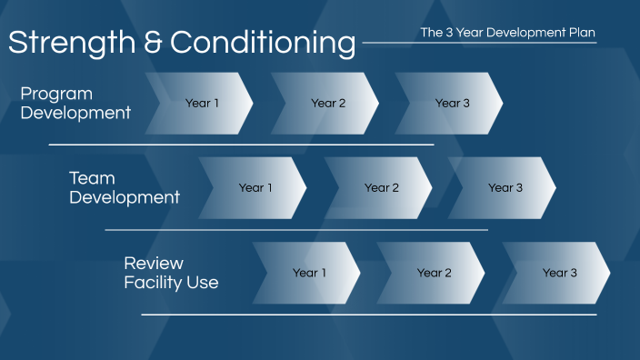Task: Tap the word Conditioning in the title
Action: coord(263,43)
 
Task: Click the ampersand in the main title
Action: coord(155,43)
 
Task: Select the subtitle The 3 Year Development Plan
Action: coord(508,33)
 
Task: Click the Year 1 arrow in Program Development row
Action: coord(201,104)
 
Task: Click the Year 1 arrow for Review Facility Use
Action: coord(308,273)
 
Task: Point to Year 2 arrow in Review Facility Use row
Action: coord(434,273)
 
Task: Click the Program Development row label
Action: coord(75,104)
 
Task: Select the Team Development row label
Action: coord(125,188)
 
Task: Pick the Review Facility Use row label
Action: coord(171,273)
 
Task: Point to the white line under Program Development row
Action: coord(241,145)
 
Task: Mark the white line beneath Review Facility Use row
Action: coord(368,315)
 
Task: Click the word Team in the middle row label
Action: coord(92,178)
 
